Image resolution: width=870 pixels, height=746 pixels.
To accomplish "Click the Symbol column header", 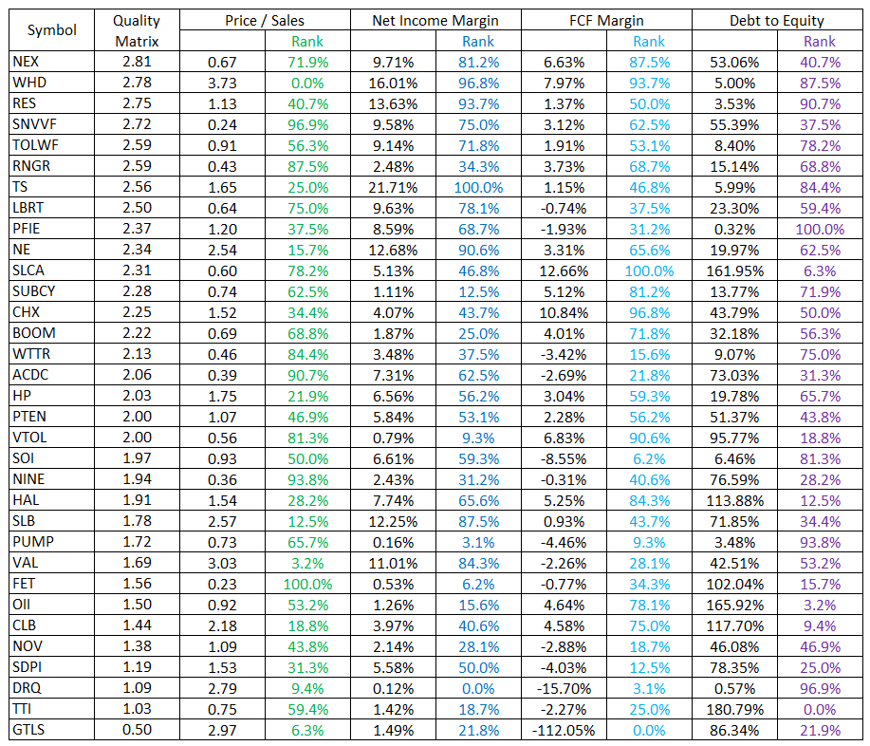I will click(x=52, y=30).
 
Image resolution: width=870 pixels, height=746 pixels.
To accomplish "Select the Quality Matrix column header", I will click(x=137, y=30).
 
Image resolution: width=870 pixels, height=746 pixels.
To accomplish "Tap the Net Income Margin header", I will click(x=435, y=20).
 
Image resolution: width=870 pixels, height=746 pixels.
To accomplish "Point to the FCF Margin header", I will click(x=606, y=20).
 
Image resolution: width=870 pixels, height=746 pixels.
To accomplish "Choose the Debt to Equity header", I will click(x=776, y=20).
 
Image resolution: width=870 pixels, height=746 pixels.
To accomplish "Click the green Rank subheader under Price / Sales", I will click(x=307, y=41).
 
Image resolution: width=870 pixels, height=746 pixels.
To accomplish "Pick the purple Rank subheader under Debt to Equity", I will click(x=820, y=41).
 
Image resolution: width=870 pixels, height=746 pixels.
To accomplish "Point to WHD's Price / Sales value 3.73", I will click(x=222, y=83).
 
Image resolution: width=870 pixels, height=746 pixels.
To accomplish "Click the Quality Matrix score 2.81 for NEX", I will click(x=137, y=62).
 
